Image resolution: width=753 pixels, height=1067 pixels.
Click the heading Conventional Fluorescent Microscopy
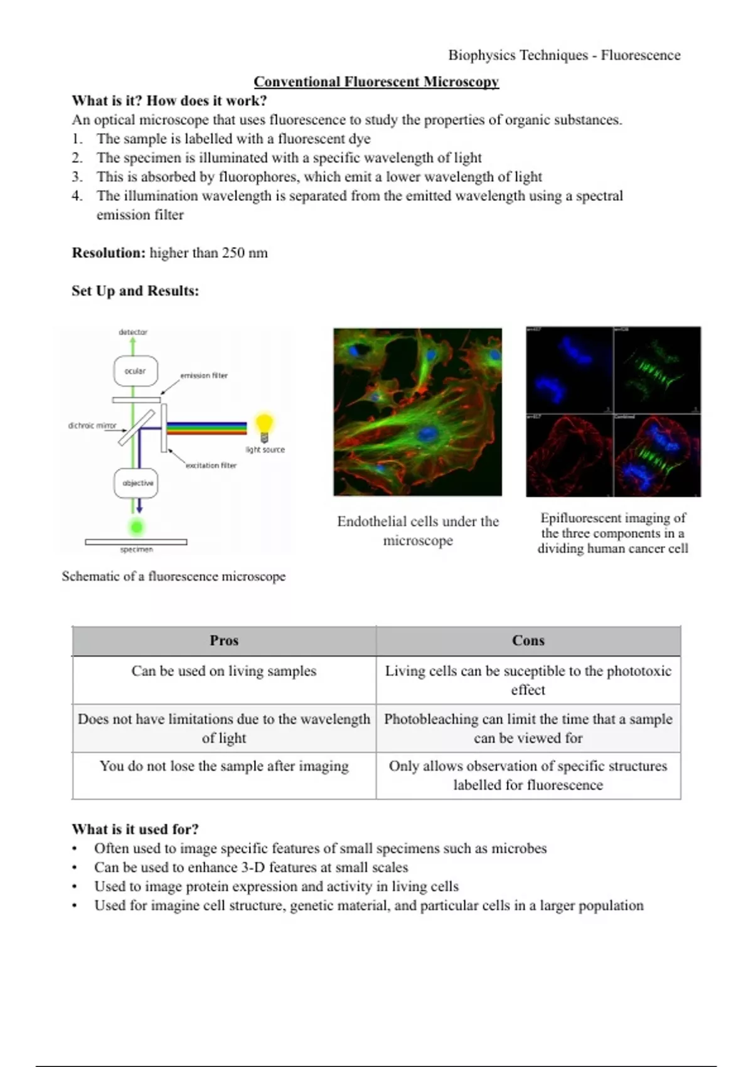click(376, 82)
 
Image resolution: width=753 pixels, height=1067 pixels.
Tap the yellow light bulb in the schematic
click(264, 426)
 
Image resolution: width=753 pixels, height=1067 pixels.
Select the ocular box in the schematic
click(135, 371)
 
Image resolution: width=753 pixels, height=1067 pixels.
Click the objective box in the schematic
click(136, 483)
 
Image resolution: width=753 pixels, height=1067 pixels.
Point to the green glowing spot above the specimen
click(136, 526)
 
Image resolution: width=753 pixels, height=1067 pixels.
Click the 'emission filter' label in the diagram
click(204, 375)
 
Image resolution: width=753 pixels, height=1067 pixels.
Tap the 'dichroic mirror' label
click(92, 426)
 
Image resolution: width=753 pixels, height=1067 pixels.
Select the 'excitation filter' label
click(211, 465)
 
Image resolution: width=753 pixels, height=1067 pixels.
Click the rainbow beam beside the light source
click(206, 428)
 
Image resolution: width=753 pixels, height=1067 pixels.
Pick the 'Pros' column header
click(224, 640)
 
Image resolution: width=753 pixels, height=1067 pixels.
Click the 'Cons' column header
click(528, 640)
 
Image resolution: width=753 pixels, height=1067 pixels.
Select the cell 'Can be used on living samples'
click(224, 671)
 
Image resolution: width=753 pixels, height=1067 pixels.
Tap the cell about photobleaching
click(528, 728)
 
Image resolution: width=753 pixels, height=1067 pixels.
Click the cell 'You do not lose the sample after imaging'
click(224, 766)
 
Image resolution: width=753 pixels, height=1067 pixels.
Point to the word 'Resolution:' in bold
click(109, 253)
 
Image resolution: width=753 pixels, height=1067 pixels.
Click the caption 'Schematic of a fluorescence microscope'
click(174, 576)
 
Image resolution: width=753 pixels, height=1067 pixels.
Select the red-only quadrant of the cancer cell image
click(569, 455)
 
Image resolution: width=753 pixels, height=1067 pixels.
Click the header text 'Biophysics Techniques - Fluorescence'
click(563, 55)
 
